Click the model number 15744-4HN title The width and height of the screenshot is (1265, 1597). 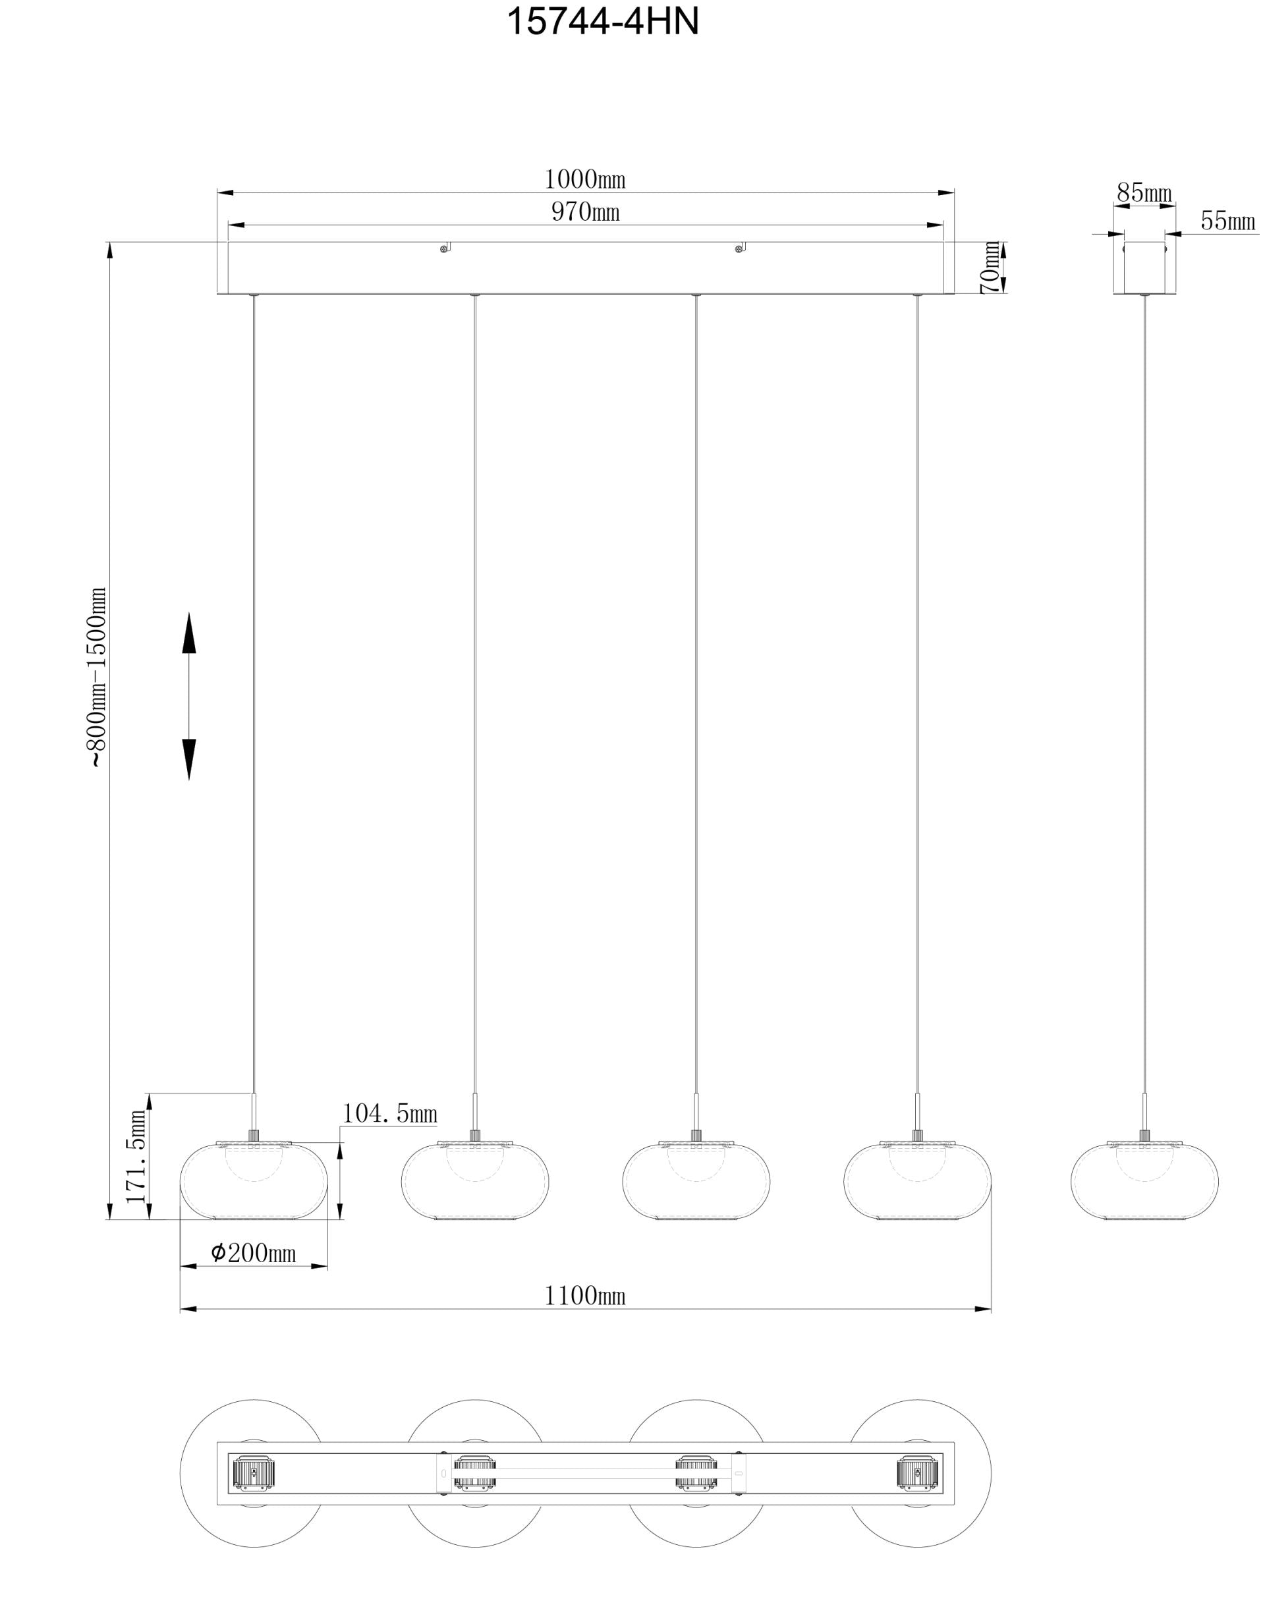point(602,22)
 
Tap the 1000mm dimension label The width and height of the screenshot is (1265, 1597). point(585,179)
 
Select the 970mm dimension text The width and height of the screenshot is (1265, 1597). point(585,213)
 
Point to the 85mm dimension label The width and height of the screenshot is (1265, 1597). point(1144,193)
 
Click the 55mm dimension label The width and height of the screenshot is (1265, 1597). point(1228,221)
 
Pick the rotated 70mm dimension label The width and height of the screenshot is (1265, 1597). point(990,268)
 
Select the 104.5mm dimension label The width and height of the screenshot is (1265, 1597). point(389,1114)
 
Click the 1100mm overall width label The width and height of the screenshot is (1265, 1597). point(585,1296)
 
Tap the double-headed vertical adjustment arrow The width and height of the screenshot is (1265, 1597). point(189,696)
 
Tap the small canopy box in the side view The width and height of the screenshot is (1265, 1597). point(1144,268)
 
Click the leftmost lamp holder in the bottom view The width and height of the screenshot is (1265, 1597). point(254,1473)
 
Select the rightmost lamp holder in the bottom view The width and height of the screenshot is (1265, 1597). point(918,1473)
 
